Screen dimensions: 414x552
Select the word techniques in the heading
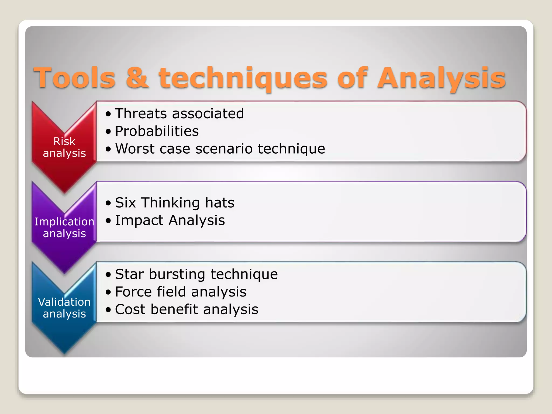[243, 78]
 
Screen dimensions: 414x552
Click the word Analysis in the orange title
[441, 78]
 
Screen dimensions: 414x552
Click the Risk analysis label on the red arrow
[64, 147]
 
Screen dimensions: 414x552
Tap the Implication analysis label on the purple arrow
[64, 227]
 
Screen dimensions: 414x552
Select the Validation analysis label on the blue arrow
[64, 308]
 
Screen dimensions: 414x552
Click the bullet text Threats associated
[179, 113]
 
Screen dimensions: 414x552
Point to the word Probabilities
[157, 131]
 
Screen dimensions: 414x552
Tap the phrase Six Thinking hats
[174, 203]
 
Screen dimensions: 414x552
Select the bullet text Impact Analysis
[170, 220]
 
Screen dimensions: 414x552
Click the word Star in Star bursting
[129, 274]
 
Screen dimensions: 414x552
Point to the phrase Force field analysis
[181, 292]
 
